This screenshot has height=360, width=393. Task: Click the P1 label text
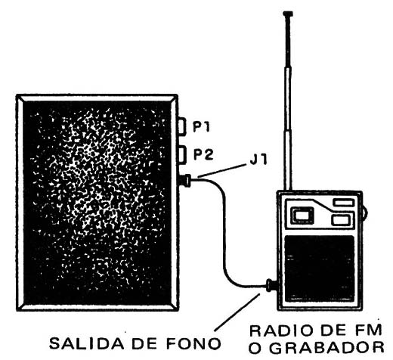point(201,127)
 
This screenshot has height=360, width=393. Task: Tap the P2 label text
point(203,154)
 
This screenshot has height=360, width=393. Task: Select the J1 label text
point(258,160)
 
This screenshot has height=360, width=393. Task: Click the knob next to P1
point(182,126)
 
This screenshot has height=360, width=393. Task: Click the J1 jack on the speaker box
point(185,181)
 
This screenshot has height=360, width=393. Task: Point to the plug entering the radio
point(271,285)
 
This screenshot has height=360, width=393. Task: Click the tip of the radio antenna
point(288,13)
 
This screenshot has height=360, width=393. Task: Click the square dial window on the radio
point(302,216)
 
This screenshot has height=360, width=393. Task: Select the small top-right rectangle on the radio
point(343,203)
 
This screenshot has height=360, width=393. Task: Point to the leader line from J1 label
point(221,170)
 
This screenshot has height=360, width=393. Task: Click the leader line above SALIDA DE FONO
point(237,312)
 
